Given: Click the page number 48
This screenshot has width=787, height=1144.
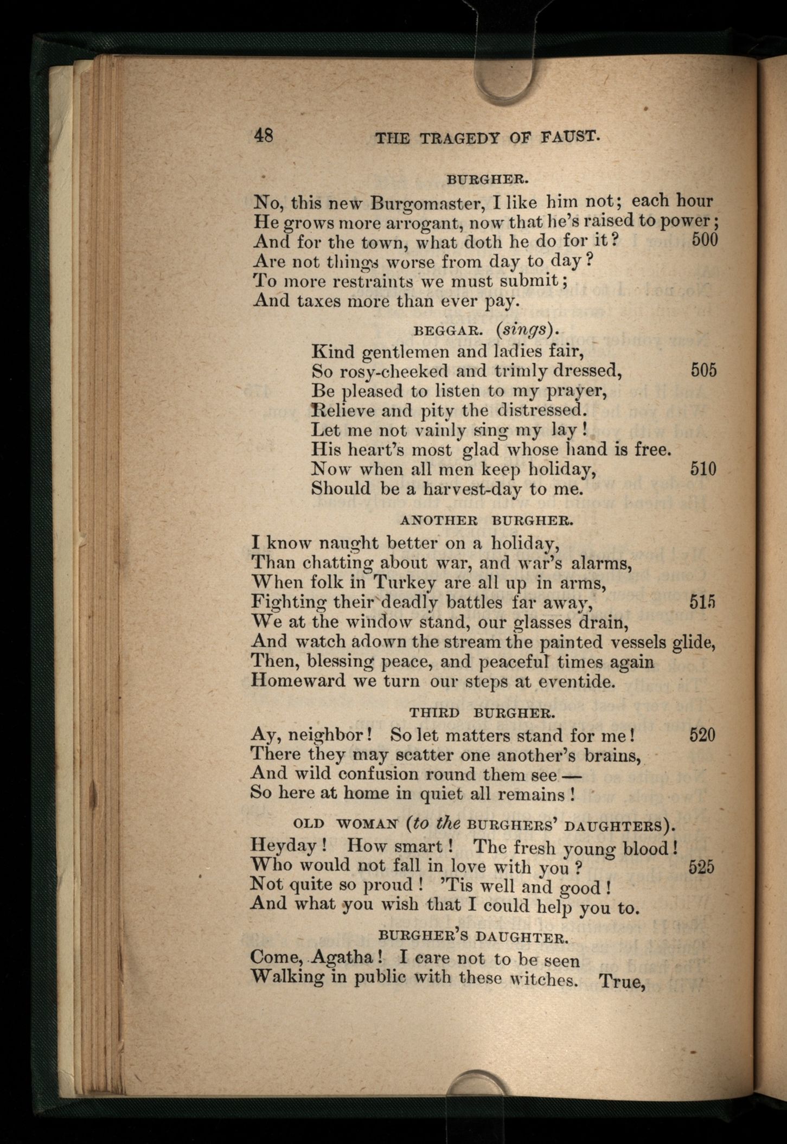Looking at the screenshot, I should [264, 135].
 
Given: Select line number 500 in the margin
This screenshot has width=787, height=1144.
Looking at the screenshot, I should [705, 239].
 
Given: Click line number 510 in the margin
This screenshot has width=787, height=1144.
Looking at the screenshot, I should [703, 468].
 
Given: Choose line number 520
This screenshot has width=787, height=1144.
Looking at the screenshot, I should [702, 735].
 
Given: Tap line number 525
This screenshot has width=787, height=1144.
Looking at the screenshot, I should [701, 867].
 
